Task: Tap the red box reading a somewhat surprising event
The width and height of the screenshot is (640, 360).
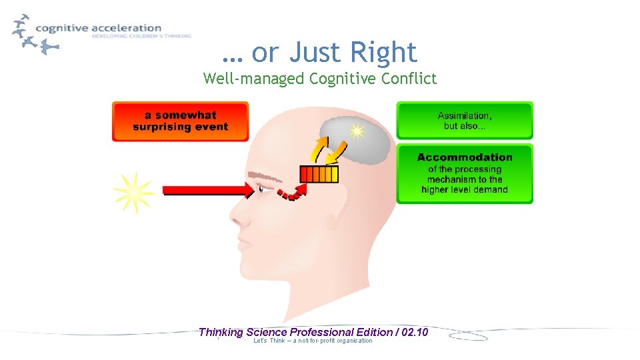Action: click(180, 121)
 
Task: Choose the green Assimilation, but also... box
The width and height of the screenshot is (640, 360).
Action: click(465, 121)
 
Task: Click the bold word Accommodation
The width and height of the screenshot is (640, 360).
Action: click(465, 157)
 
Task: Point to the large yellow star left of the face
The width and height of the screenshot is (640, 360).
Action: click(133, 192)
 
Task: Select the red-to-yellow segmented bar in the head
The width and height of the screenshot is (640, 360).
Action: click(319, 174)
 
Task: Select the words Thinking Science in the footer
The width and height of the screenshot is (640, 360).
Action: click(243, 332)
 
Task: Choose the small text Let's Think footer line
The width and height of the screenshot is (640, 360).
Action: click(313, 341)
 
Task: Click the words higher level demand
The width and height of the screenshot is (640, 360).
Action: click(465, 190)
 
